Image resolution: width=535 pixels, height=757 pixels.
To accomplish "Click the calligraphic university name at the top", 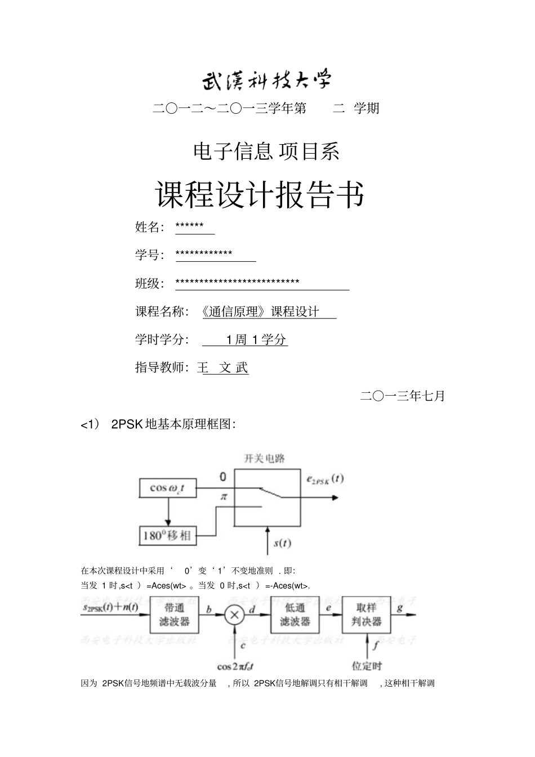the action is click(x=267, y=80).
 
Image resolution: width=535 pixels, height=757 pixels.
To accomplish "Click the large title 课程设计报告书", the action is click(x=260, y=195).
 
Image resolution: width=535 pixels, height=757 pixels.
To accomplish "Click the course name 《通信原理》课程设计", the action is click(x=260, y=312).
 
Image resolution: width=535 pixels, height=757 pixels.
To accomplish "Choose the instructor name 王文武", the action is click(x=223, y=368).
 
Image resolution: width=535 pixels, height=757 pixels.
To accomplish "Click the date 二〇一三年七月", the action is click(x=402, y=396).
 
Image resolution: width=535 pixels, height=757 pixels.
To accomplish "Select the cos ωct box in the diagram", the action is click(x=167, y=488).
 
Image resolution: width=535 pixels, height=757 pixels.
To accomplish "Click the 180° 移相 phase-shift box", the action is click(x=167, y=535).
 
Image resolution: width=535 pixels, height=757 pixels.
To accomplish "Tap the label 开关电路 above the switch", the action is click(x=264, y=459).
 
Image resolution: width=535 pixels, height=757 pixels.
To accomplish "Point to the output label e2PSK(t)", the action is click(x=325, y=480).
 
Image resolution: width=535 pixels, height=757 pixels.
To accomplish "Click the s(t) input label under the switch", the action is click(x=282, y=544).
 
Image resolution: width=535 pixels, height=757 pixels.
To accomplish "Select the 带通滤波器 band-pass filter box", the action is click(x=174, y=615).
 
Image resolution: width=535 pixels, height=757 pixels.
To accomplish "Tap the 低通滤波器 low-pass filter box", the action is click(x=295, y=615).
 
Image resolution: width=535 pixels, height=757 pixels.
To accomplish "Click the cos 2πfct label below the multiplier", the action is click(x=235, y=666).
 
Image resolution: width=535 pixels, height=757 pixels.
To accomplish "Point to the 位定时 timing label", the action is click(x=367, y=666).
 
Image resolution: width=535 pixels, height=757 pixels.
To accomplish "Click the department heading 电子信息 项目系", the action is click(x=266, y=151).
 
